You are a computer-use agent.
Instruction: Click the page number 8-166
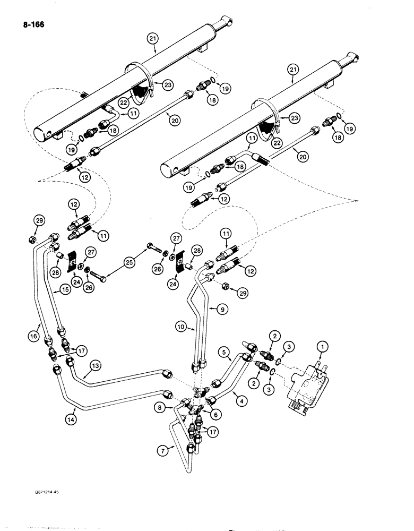[33, 23]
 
